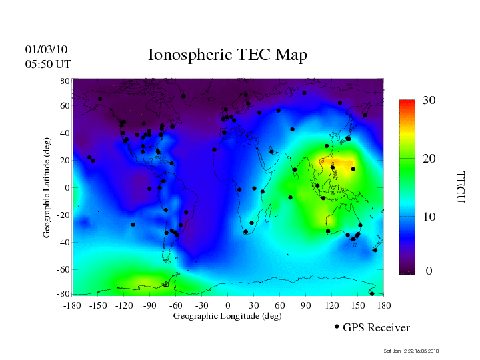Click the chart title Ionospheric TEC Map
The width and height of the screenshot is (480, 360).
[227, 55]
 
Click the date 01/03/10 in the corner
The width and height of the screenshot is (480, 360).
[46, 49]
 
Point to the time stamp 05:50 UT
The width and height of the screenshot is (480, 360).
[47, 64]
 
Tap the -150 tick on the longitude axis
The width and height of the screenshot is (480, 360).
[97, 305]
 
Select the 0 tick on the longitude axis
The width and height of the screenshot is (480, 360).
[228, 305]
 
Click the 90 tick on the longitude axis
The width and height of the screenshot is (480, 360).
[306, 305]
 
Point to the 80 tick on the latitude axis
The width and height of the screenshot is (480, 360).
[65, 81]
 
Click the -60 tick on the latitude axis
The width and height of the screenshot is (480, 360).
[62, 270]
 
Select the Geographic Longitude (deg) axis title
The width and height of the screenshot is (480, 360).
[227, 316]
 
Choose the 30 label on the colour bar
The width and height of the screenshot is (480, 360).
[429, 101]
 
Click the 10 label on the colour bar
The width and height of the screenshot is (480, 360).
[429, 217]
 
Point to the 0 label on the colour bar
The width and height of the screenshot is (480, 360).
[429, 271]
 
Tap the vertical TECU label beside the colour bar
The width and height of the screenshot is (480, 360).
[459, 187]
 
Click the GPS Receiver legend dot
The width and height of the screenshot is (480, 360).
[337, 327]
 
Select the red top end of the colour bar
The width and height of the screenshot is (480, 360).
[407, 103]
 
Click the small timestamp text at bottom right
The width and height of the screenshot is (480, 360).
[411, 351]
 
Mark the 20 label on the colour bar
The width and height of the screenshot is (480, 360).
[429, 160]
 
